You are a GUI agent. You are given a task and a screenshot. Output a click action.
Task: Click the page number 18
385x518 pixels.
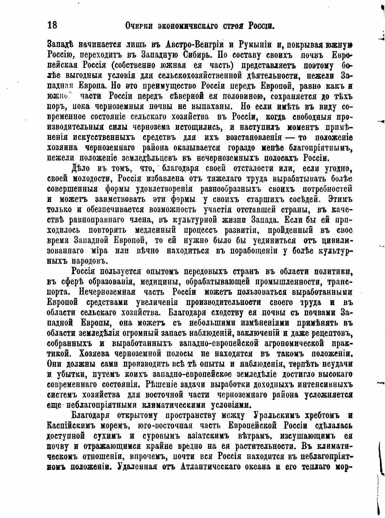click(x=52, y=25)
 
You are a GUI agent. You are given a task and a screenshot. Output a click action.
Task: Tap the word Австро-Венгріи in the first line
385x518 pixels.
click(x=191, y=44)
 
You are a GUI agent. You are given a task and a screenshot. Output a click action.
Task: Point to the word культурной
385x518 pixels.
click(x=195, y=220)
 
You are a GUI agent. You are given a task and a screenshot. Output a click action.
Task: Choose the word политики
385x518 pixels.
click(x=333, y=271)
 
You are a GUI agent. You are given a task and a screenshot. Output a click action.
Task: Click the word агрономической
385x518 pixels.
click(x=293, y=344)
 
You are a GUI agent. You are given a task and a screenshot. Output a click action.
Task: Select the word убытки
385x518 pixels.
click(x=67, y=374)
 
